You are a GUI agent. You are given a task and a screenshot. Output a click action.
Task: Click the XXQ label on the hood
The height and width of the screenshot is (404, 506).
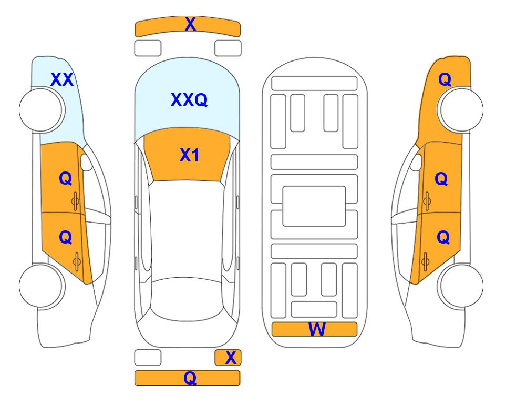point(189,100)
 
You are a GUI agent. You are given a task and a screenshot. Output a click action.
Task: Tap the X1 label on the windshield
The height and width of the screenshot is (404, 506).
point(190,155)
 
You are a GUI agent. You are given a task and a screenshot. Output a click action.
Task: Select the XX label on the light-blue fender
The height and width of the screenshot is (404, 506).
point(62,79)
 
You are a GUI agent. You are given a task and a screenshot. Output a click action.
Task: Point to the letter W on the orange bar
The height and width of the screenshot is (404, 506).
point(317,329)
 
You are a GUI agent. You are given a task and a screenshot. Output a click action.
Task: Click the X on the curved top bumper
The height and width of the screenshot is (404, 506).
point(190,24)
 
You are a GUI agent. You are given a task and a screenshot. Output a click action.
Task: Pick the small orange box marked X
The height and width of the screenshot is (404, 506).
point(228,358)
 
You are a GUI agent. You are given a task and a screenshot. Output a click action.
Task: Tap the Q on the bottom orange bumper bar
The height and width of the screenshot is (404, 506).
point(190,378)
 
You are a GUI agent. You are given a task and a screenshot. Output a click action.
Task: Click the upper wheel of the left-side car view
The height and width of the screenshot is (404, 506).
point(42,109)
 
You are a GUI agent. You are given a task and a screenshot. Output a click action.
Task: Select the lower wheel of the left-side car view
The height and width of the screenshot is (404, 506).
point(42,286)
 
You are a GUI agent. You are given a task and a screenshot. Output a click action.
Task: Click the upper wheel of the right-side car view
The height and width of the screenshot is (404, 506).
point(460,109)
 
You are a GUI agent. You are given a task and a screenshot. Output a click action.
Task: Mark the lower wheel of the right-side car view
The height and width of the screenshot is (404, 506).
point(460,286)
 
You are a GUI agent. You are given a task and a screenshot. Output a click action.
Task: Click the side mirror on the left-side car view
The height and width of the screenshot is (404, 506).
point(86,162)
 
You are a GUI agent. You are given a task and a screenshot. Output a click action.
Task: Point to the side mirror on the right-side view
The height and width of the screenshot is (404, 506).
point(416,162)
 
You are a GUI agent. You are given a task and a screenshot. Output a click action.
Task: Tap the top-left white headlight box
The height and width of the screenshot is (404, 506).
point(148,48)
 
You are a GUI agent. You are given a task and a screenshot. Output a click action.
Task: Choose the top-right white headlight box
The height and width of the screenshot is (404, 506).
point(228,48)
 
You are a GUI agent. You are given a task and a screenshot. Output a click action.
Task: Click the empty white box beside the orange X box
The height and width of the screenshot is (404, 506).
point(148,358)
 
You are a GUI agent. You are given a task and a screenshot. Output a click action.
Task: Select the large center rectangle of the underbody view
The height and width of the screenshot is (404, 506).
point(314,206)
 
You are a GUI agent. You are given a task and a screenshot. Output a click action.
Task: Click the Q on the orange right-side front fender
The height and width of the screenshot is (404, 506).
point(445,79)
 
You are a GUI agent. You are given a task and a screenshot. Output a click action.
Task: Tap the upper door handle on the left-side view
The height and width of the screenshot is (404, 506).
point(75,201)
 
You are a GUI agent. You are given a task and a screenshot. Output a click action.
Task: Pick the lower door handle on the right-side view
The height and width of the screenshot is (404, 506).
point(426,261)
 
